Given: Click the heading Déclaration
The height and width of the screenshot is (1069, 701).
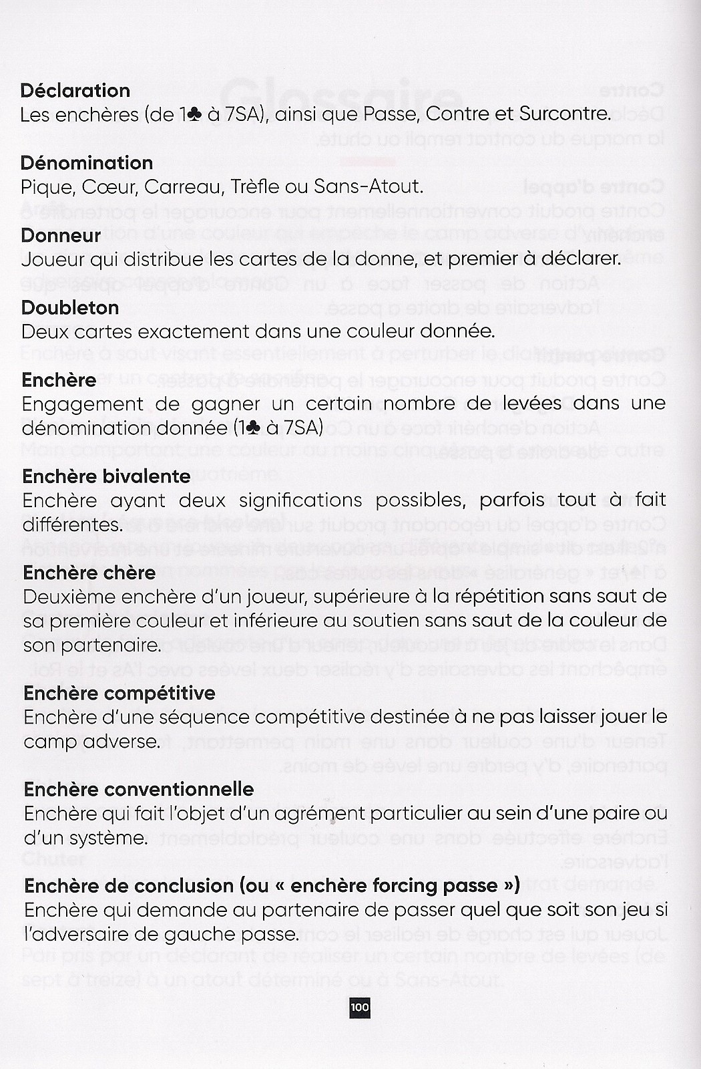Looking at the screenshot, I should coord(75,90).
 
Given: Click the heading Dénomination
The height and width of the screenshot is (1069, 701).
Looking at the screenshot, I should coord(87,162).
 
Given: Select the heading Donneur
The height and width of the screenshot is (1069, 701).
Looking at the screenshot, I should coord(61,235).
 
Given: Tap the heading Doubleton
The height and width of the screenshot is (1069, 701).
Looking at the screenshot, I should coord(70,307).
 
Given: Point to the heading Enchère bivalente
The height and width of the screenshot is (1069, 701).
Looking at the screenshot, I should coord(107,476).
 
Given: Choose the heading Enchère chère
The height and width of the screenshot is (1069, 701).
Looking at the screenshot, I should coord(89,573).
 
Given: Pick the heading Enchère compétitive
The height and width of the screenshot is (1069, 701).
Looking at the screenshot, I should coord(120,693).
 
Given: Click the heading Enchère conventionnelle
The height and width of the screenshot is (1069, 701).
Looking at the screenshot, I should coord(139,789).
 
